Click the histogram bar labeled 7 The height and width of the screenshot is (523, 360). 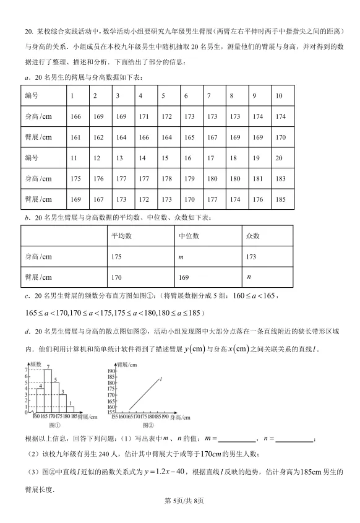48,391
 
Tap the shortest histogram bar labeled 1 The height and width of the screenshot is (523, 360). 70,409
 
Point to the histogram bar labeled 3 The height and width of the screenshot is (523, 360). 62,402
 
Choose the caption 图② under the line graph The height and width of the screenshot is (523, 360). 147,426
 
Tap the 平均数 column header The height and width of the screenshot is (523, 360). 121,236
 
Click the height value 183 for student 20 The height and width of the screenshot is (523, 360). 280,178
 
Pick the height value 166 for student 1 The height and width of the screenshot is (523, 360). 76,116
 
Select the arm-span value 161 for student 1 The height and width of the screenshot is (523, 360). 76,137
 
